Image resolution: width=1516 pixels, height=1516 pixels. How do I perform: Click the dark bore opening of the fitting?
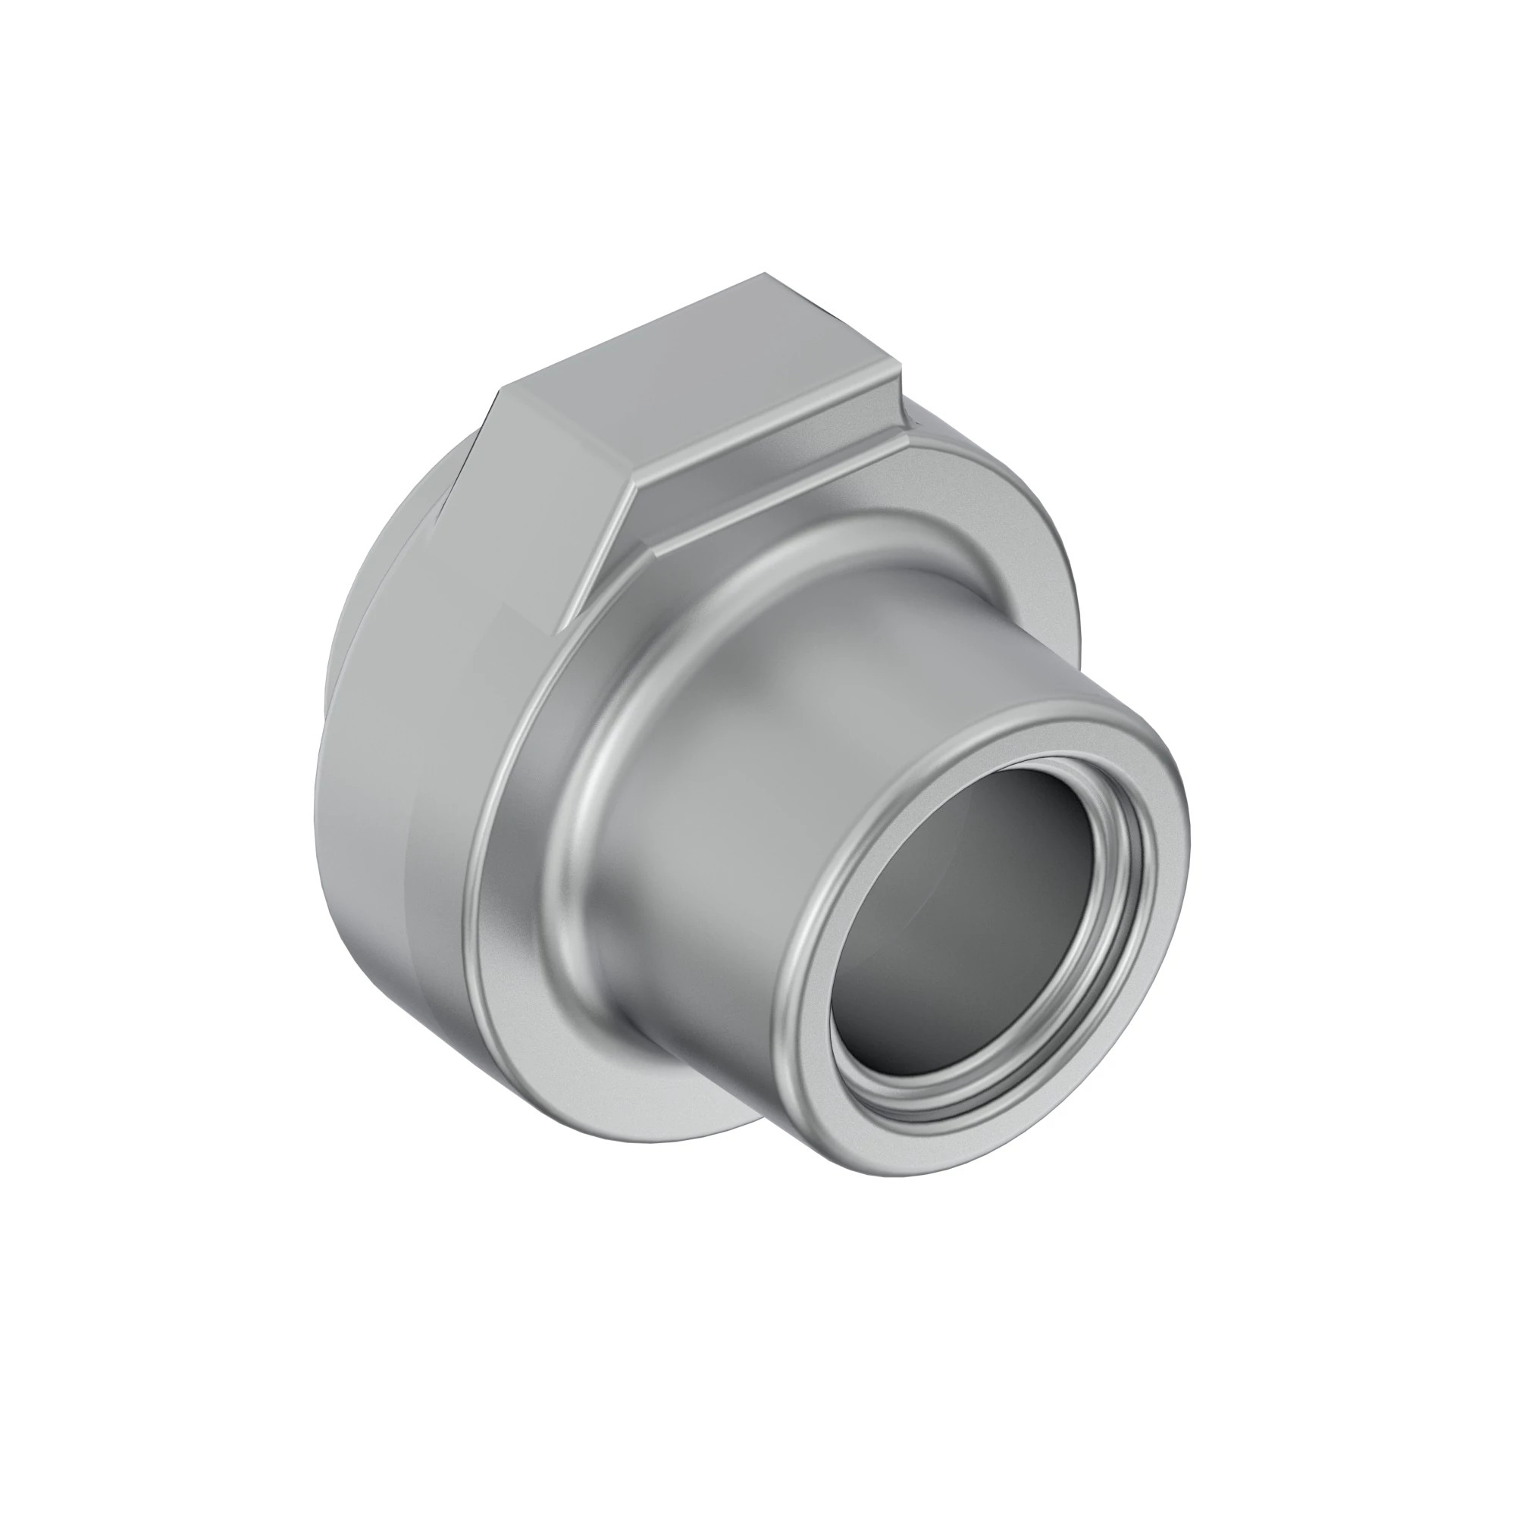click(x=973, y=926)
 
